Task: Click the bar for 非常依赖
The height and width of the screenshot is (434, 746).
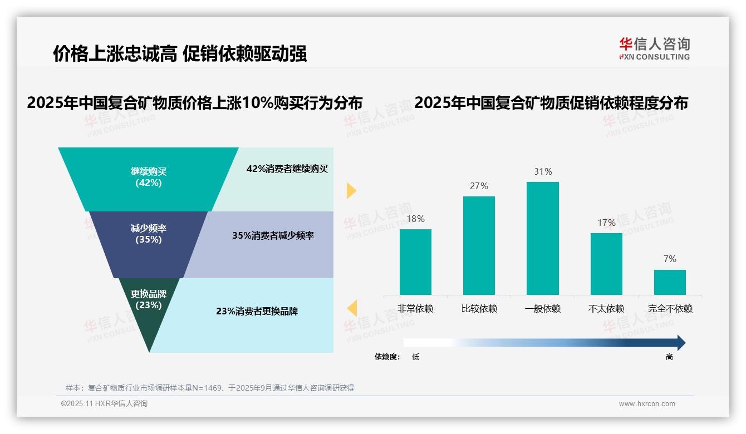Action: pos(415,262)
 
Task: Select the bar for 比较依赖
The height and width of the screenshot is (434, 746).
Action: pos(479,245)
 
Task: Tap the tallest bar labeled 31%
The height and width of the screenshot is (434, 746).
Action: pos(542,238)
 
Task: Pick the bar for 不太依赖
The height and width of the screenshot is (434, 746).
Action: pos(606,264)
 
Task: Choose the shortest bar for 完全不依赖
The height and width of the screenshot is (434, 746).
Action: pos(670,282)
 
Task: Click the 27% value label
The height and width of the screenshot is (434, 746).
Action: pos(479,186)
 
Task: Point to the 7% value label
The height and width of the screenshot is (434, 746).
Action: pos(670,259)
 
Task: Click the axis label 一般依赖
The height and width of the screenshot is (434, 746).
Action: pos(542,309)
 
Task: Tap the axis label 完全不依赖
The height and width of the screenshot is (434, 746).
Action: pos(670,309)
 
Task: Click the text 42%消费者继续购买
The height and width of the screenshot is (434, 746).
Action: pos(287,169)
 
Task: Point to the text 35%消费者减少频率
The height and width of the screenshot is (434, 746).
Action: pos(273,236)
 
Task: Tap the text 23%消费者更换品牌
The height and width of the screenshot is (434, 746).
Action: pos(257,312)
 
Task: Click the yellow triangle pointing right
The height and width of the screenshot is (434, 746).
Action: pos(351,190)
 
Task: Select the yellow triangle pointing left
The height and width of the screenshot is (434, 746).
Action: pos(352,308)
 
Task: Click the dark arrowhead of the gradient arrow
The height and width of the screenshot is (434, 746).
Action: pos(680,343)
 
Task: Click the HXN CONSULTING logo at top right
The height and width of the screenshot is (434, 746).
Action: pos(654,48)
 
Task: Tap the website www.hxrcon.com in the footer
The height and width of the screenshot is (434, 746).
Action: pos(647,404)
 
